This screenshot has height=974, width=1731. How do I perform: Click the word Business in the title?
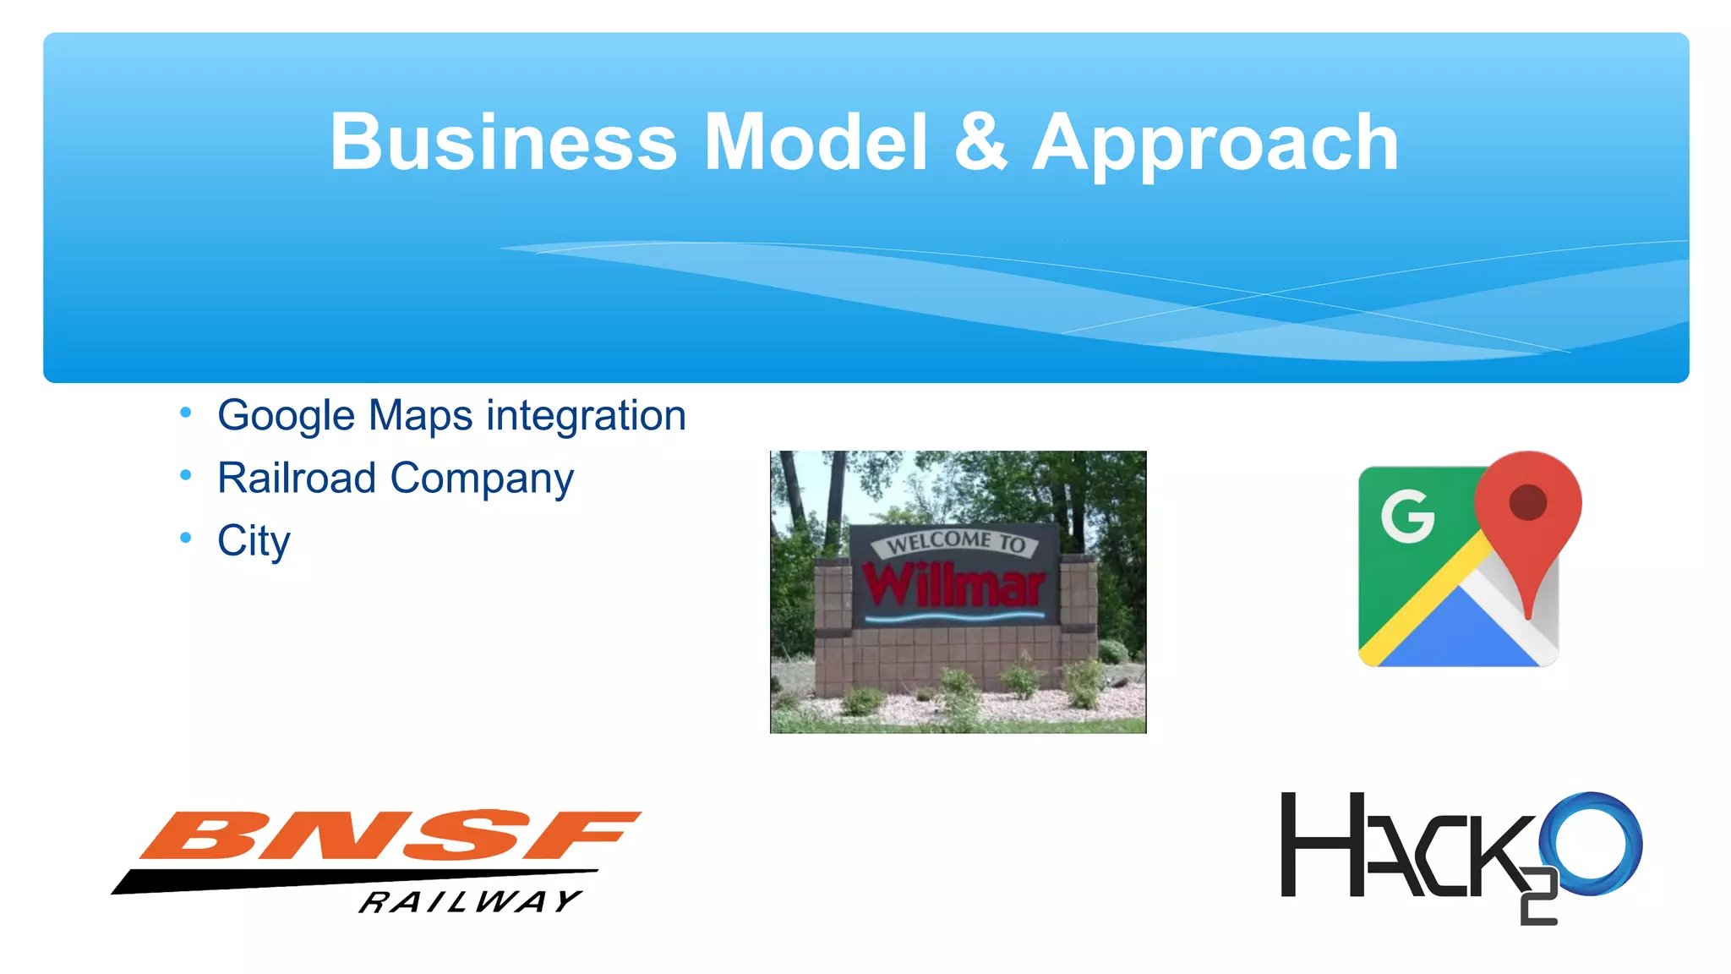point(503,142)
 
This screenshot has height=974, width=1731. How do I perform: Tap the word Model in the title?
point(816,142)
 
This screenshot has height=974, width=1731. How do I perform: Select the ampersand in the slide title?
point(980,142)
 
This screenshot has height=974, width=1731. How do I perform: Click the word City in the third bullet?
point(254,541)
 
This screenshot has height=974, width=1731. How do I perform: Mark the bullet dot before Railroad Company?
point(186,475)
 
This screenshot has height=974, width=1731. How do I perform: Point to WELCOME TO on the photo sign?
point(956,542)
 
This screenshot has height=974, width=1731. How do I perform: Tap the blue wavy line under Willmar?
point(955,618)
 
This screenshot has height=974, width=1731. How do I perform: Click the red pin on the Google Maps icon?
point(1527,507)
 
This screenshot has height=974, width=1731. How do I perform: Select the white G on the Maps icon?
point(1407,516)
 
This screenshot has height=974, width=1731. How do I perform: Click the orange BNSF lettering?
point(389,835)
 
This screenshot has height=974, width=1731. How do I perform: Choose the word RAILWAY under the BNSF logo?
point(470,901)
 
